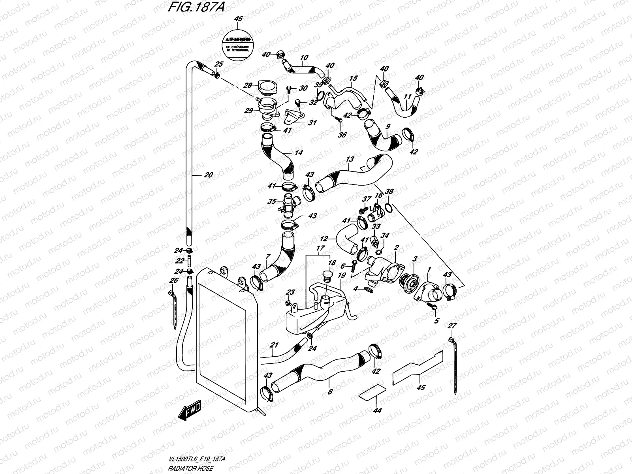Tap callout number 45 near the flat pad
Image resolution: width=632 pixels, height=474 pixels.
coord(421,387)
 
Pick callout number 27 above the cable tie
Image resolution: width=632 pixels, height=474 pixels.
coord(451,326)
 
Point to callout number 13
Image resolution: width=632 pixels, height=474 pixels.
coord(350,159)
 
